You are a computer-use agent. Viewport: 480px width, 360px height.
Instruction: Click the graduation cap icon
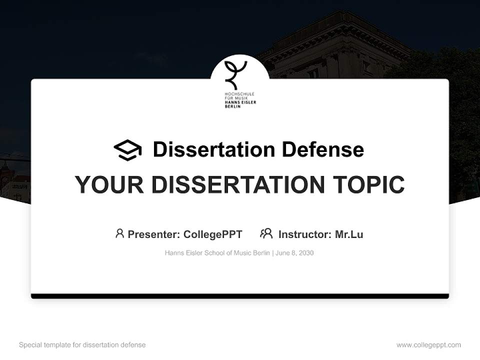coord(127,150)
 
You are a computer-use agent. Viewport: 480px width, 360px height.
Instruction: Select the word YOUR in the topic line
coord(109,185)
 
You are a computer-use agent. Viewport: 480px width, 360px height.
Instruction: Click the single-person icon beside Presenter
coord(119,233)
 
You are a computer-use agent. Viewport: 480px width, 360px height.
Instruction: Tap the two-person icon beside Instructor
coord(266,233)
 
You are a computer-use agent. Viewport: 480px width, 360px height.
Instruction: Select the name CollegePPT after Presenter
coord(213,234)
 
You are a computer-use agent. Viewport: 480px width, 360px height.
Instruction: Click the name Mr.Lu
coord(349,234)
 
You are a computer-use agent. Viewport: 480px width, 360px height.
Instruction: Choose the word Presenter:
coord(154,234)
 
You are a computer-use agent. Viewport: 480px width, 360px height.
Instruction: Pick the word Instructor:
coord(305,234)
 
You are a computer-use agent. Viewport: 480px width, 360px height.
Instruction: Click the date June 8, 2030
coord(294,253)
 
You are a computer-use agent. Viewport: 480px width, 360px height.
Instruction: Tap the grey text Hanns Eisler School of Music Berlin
coord(217,253)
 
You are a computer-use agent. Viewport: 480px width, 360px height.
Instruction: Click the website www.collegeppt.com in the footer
coord(428,345)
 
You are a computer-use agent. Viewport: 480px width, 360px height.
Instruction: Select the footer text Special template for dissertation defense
coord(82,345)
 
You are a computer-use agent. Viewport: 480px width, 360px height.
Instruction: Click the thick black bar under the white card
coord(240,296)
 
